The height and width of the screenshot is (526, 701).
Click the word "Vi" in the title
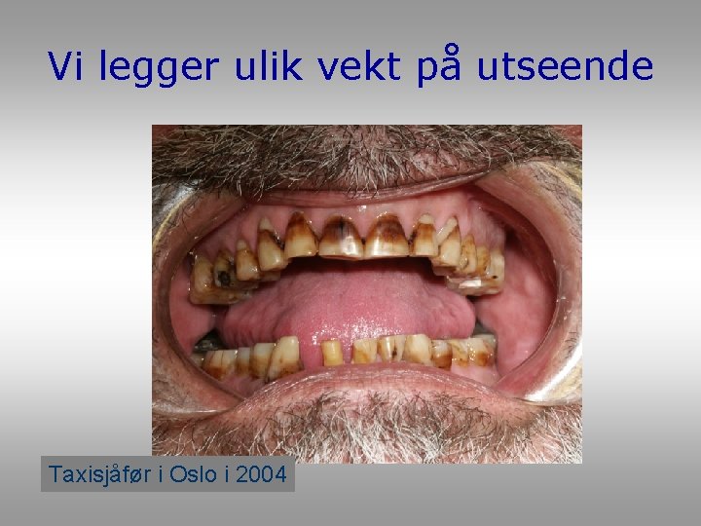[66, 66]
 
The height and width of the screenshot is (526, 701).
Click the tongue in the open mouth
[341, 302]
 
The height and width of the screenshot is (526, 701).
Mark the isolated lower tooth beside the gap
[332, 353]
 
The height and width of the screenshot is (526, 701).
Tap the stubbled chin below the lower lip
[370, 429]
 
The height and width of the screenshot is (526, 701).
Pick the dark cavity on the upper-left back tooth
[224, 278]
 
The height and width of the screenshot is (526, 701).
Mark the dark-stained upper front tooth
[341, 237]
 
